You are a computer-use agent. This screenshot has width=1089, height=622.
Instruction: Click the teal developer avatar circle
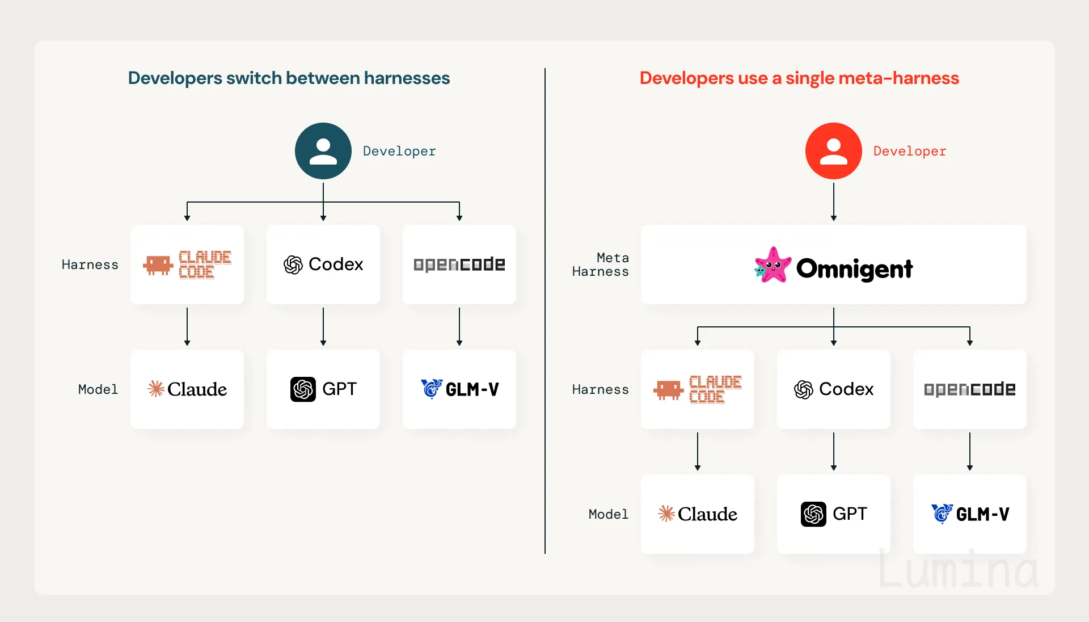323,151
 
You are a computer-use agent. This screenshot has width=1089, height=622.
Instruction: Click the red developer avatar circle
834,151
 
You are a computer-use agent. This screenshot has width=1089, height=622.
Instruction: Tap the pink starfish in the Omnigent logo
773,265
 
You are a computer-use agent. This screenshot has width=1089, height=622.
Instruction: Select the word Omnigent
855,269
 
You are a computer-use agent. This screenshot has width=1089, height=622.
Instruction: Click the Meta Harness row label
601,264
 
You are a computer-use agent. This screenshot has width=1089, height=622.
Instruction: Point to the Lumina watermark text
958,569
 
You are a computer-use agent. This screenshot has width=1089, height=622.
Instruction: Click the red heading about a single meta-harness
799,78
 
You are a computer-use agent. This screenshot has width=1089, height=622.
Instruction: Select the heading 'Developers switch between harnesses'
289,78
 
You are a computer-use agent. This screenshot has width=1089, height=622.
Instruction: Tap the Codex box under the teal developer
323,264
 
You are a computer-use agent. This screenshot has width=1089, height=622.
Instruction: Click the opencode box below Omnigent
970,389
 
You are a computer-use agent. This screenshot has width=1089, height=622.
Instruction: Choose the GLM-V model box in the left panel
459,389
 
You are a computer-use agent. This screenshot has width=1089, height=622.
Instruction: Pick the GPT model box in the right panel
834,514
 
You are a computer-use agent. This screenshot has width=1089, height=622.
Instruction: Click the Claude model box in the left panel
187,389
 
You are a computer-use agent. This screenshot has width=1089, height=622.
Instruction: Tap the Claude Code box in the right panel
698,389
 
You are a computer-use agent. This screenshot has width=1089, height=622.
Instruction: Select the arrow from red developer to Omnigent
834,202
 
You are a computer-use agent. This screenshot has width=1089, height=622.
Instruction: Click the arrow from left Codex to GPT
323,327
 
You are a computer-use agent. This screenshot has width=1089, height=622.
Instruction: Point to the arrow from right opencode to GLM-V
970,452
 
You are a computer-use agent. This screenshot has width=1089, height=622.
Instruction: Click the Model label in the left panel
98,389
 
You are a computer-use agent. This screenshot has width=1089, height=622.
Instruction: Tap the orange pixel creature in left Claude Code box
158,265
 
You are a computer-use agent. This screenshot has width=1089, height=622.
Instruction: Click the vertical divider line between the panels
545,311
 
